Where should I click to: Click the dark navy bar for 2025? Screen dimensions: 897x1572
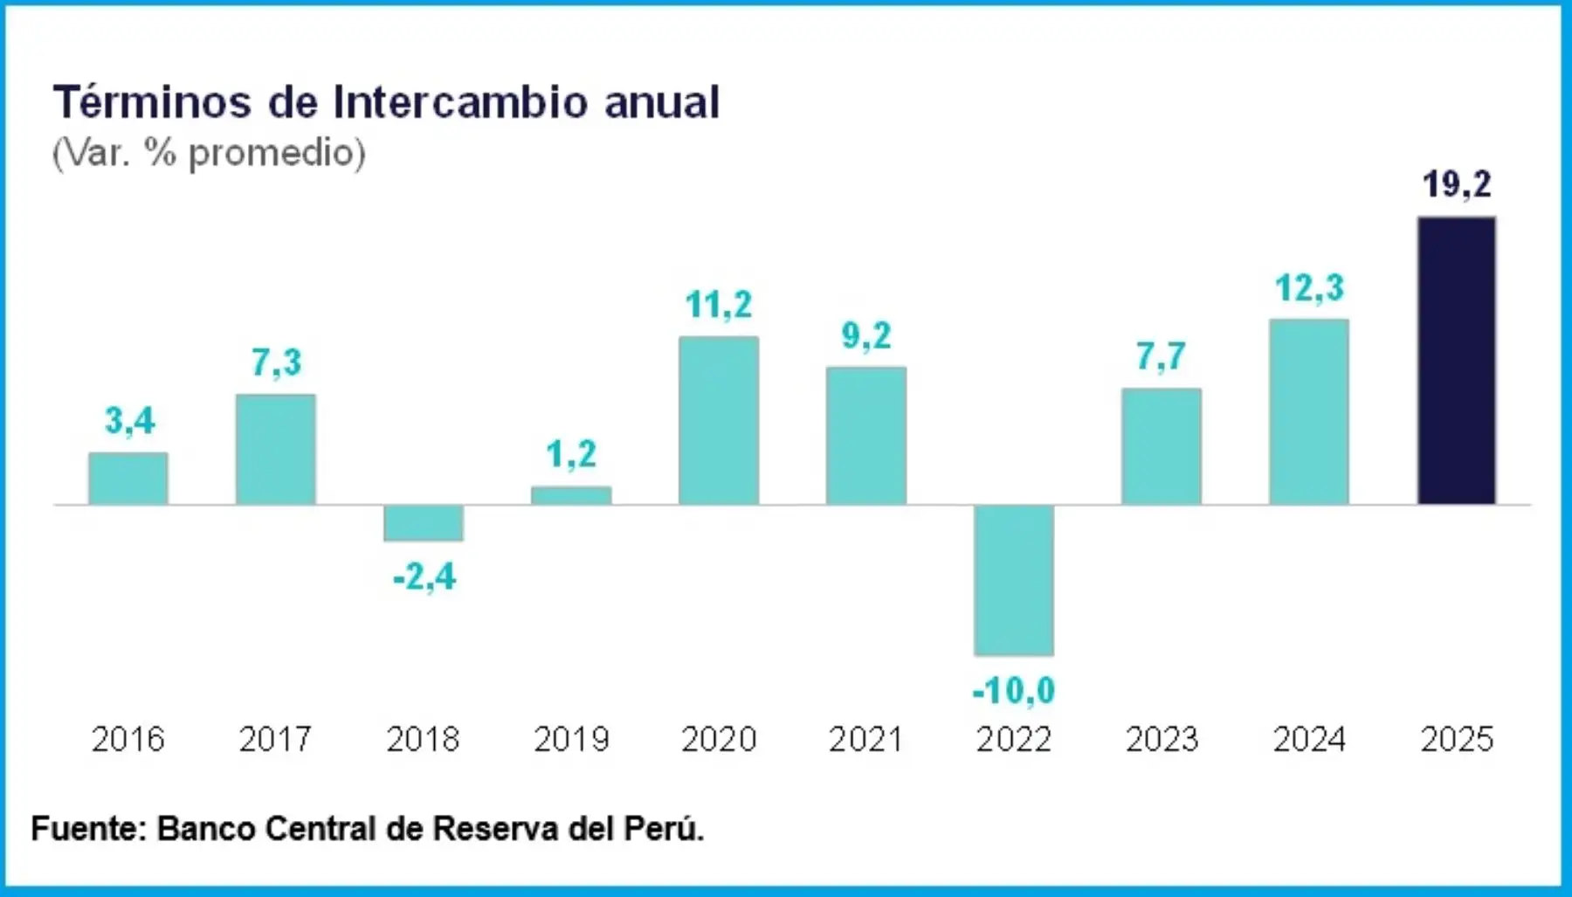pos(1456,360)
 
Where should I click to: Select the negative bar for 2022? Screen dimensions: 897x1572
pos(1014,580)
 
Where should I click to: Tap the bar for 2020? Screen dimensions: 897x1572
pos(719,420)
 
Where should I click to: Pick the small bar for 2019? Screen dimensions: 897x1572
pos(571,495)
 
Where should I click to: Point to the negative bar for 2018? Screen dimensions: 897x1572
pos(424,523)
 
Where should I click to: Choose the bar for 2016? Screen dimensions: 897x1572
pos(128,478)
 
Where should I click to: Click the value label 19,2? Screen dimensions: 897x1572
pos(1457,184)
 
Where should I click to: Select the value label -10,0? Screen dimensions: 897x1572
pos(1014,691)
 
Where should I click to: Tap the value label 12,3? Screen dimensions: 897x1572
pos(1309,288)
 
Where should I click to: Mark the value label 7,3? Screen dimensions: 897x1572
pos(276,362)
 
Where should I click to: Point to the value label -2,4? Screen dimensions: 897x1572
pos(424,577)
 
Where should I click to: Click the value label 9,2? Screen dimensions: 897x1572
pos(866,336)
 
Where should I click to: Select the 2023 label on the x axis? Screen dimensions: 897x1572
pos(1162,740)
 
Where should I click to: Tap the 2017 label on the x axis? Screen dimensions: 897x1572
pos(276,740)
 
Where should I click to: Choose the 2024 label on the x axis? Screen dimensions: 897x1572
pos(1309,740)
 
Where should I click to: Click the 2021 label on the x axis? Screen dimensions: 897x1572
pos(865,740)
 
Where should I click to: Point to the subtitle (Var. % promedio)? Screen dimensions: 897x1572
pos(209,153)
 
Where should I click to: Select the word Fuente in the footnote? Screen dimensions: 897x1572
pos(88,828)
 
